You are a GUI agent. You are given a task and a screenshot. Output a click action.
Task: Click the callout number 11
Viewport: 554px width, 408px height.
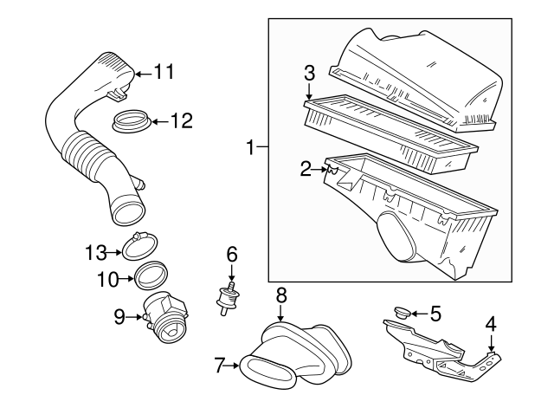pyautogui.click(x=164, y=72)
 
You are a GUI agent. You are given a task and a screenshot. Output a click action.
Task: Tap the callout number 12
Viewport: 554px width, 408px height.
pyautogui.click(x=182, y=121)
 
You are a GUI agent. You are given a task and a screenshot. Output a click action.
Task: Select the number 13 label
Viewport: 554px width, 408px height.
pyautogui.click(x=96, y=253)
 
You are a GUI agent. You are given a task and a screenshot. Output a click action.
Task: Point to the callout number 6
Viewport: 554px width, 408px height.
pyautogui.click(x=232, y=255)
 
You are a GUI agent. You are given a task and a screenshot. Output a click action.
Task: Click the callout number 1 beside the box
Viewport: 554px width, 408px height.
pyautogui.click(x=250, y=147)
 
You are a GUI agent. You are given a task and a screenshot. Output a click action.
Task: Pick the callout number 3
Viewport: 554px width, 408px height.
pyautogui.click(x=309, y=73)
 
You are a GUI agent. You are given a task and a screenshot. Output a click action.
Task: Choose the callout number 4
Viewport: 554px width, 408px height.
pyautogui.click(x=491, y=324)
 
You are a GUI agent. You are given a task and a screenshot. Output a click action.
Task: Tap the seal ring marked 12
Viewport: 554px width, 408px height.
pyautogui.click(x=132, y=120)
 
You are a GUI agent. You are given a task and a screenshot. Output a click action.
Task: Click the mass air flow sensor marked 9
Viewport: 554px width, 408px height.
pyautogui.click(x=165, y=317)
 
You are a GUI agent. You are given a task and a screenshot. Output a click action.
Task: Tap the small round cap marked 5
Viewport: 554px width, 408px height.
pyautogui.click(x=402, y=313)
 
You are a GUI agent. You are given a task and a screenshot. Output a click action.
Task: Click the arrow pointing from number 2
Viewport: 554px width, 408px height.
pyautogui.click(x=319, y=170)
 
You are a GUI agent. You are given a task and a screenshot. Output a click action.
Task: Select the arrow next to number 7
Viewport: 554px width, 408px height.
pyautogui.click(x=232, y=366)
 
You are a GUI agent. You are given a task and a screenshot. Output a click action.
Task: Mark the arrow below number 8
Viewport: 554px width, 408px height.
pyautogui.click(x=280, y=314)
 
